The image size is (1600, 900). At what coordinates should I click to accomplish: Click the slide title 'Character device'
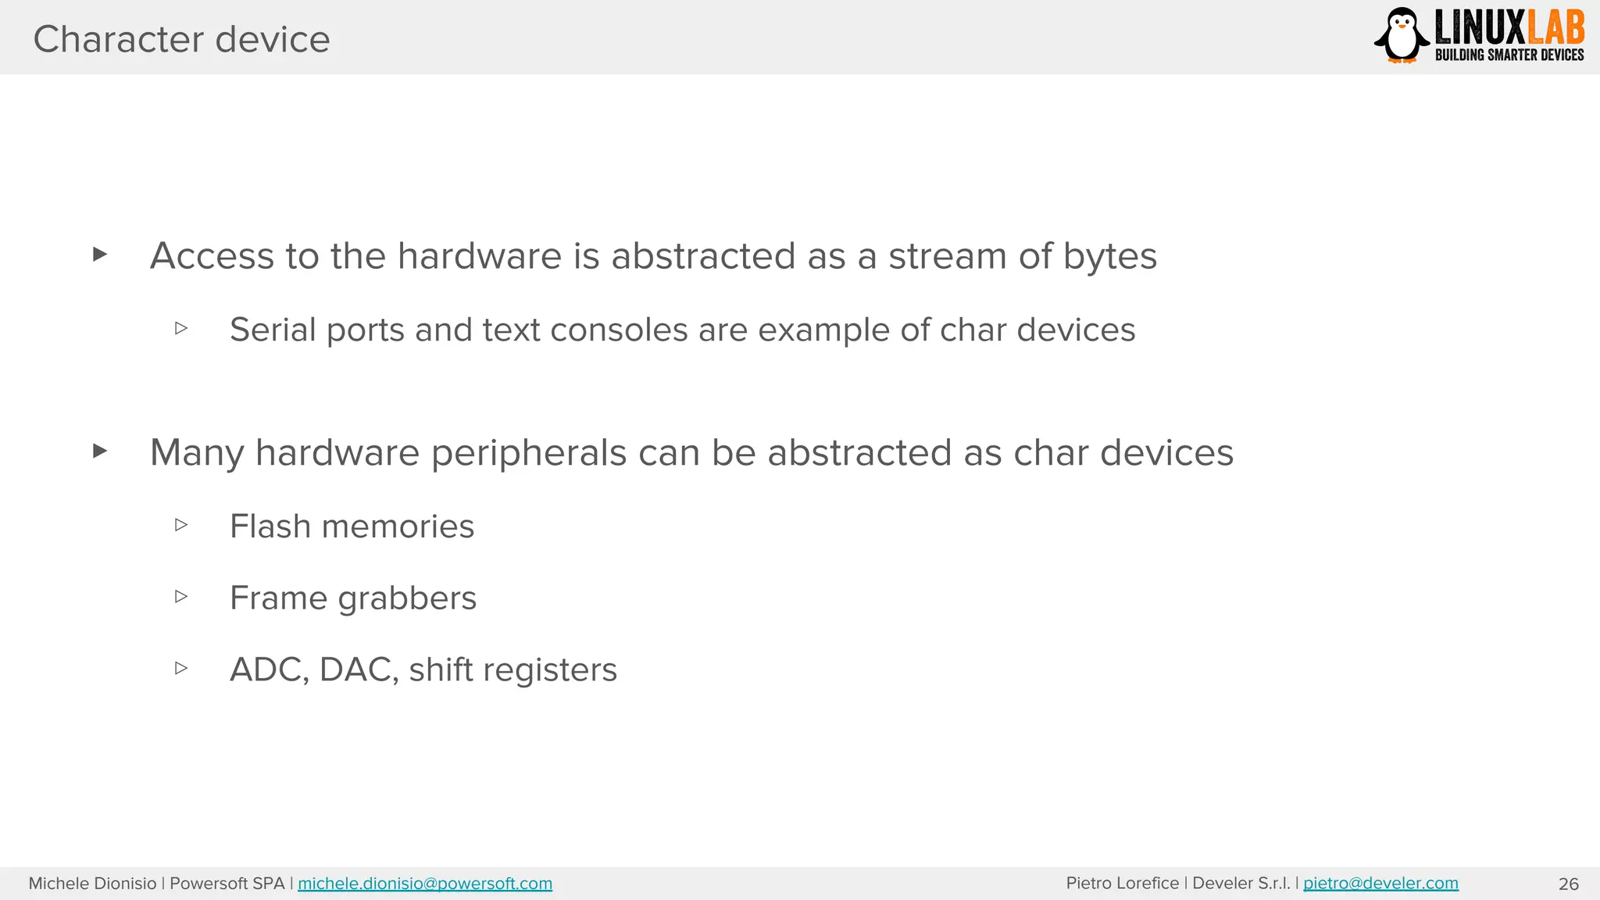tap(181, 39)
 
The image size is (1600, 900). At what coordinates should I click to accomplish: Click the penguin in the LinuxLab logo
tap(1402, 35)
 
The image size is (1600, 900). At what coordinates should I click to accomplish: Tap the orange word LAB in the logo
tap(1555, 28)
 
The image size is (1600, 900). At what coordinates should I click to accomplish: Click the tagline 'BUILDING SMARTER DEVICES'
tap(1509, 55)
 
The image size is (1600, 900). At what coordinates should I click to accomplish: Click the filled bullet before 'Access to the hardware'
tap(99, 254)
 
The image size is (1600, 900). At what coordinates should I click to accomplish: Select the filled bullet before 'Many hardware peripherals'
tap(99, 451)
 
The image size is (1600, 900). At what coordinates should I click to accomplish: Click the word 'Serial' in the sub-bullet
tap(273, 330)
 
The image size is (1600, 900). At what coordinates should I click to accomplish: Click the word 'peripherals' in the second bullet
tap(529, 453)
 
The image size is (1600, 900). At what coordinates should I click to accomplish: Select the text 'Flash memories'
tap(352, 527)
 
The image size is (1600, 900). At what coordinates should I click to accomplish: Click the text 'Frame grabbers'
tap(352, 598)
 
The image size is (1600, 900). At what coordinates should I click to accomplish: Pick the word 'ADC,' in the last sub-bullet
tap(269, 670)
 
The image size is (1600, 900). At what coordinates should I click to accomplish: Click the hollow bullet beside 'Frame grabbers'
tap(181, 597)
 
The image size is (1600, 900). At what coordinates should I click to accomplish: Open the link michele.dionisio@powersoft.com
tap(424, 884)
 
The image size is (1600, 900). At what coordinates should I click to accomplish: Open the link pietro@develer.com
tap(1380, 884)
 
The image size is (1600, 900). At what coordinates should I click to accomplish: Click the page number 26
tap(1568, 884)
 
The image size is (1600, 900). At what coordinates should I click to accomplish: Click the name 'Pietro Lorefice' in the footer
tap(1122, 884)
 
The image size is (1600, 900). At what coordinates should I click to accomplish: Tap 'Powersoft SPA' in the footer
tap(227, 884)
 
